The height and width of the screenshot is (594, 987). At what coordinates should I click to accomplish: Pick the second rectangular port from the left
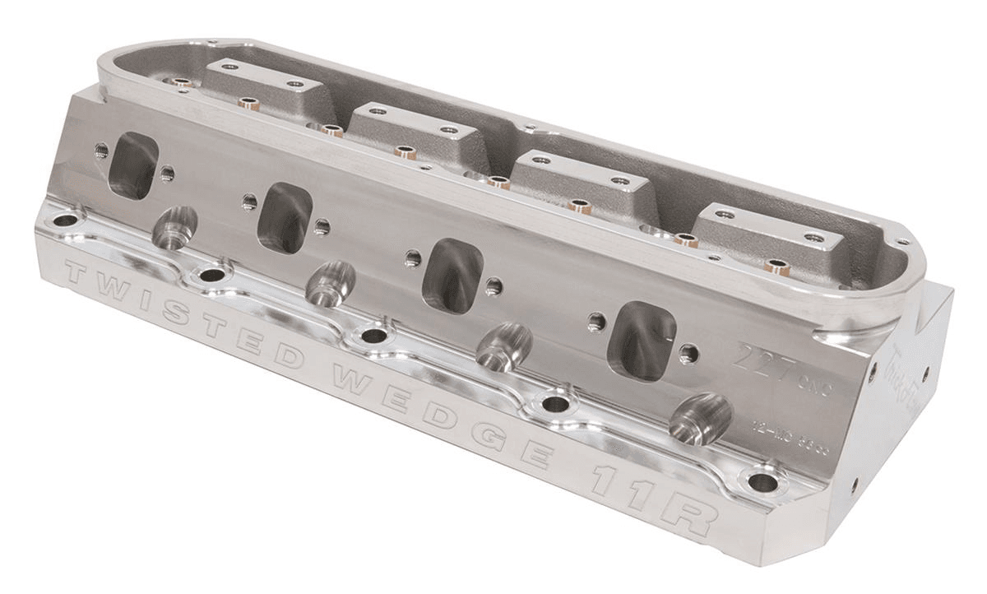285,217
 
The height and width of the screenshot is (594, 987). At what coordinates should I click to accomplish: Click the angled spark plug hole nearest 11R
700,419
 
